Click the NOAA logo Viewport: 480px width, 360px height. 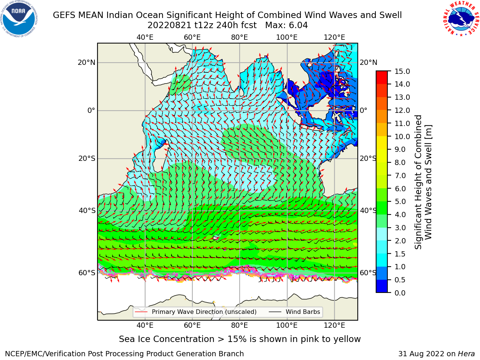tap(19, 19)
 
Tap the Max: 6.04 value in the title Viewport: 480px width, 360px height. tap(286, 25)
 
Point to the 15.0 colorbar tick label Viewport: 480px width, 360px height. tap(402, 71)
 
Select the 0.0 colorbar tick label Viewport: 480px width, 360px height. tap(400, 293)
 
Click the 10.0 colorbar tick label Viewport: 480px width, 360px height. tap(402, 136)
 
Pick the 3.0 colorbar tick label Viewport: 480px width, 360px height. tap(400, 228)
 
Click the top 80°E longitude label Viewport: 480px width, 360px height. tap(240, 37)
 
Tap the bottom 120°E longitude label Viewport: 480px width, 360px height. tap(334, 325)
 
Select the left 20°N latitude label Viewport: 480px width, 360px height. tap(87, 63)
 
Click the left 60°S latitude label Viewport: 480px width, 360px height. tap(87, 273)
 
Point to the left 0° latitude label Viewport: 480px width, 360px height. tap(91, 110)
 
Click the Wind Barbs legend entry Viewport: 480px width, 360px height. tap(294, 312)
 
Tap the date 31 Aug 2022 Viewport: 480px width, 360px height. tap(421, 354)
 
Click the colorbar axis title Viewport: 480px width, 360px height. tap(423, 182)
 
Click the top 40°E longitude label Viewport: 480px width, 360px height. tap(145, 37)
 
